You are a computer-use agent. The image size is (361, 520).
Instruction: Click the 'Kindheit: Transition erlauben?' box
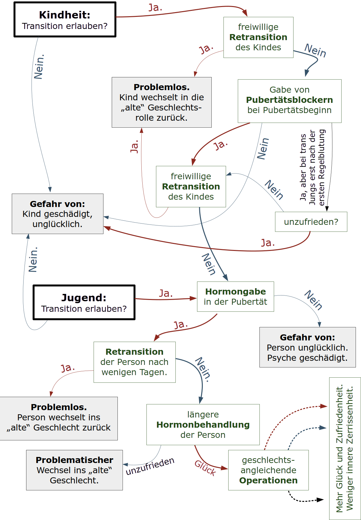[x=65, y=20]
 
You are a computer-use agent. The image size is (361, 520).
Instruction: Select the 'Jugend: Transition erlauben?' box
[x=84, y=303]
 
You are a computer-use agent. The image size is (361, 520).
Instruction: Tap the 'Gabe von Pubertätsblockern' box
[x=289, y=101]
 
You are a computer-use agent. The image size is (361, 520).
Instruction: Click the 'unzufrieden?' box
[x=311, y=222]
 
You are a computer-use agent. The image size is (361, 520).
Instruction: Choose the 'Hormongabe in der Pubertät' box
[x=235, y=296]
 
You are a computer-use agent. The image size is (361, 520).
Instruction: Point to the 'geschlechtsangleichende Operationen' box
[x=268, y=470]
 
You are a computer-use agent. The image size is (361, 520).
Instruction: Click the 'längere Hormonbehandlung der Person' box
[x=203, y=424]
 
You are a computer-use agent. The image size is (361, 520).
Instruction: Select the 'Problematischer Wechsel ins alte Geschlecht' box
[x=74, y=470]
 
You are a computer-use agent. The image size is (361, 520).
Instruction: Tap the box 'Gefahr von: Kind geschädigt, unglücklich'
[x=58, y=214]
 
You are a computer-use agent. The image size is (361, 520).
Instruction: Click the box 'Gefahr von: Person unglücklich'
[x=308, y=347]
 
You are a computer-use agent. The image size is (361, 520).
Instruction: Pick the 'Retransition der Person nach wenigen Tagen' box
[x=134, y=362]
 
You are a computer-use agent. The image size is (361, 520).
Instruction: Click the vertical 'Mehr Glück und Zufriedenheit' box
[x=345, y=448]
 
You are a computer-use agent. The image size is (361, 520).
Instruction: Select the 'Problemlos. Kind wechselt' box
[x=161, y=102]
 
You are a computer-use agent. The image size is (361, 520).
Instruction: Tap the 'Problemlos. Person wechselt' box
[x=59, y=418]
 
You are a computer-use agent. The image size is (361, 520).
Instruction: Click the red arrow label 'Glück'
[x=205, y=467]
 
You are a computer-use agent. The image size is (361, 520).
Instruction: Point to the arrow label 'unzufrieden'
[x=150, y=466]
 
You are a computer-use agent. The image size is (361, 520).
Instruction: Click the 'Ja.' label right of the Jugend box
[x=166, y=293]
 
